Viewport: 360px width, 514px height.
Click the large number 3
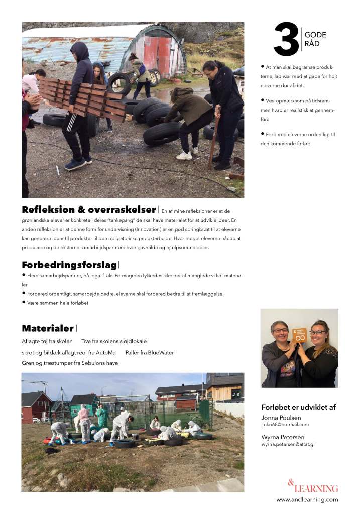(286, 40)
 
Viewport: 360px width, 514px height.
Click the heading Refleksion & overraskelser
(89, 210)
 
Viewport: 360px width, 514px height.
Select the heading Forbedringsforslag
(69, 265)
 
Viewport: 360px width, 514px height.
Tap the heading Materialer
(48, 328)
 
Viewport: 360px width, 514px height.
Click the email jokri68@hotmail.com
(284, 425)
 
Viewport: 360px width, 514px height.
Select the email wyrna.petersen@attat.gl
(288, 445)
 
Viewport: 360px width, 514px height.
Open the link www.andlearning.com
(307, 499)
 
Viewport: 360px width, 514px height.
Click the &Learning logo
(312, 486)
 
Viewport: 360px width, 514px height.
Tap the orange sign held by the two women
(300, 335)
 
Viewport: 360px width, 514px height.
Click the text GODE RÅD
(315, 39)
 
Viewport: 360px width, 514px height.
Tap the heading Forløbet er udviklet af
(299, 407)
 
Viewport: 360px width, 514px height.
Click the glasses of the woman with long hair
(317, 332)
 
